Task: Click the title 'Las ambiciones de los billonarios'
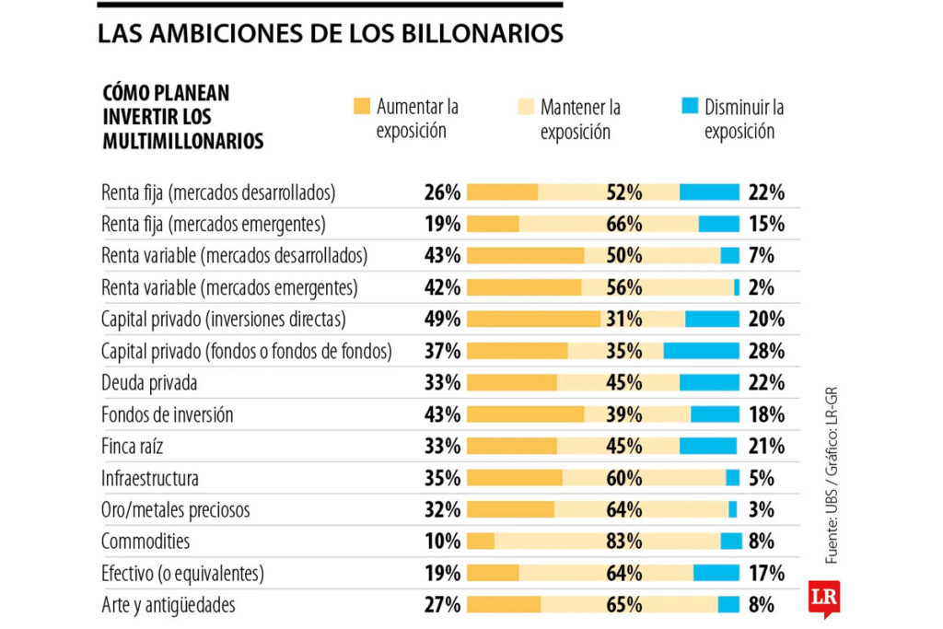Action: click(331, 35)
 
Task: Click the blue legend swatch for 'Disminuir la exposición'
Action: click(689, 106)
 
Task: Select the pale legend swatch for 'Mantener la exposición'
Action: click(525, 106)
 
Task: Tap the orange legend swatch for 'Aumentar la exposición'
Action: click(361, 106)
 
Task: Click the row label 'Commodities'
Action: click(146, 542)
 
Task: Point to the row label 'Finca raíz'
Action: click(140, 447)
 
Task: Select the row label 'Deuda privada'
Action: click(149, 382)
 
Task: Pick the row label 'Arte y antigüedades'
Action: click(168, 605)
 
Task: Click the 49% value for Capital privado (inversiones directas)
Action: click(442, 319)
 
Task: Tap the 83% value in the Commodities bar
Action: click(624, 542)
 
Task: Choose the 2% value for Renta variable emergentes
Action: click(761, 287)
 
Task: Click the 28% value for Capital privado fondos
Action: click(766, 351)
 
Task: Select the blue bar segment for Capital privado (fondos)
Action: click(701, 351)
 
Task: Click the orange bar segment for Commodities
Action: click(481, 542)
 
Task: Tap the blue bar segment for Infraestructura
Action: click(732, 478)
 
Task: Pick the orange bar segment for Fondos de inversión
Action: click(525, 414)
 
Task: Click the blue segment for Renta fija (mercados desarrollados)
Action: click(709, 192)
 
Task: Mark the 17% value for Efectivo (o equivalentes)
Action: click(766, 573)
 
